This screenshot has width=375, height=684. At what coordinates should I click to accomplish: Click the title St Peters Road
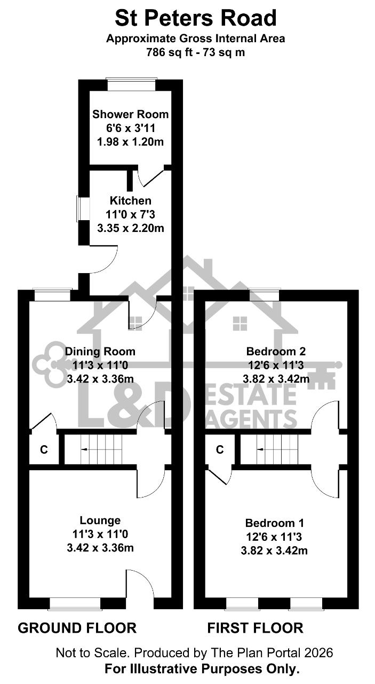(195, 18)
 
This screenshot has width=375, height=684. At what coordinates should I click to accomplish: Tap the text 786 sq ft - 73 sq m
(195, 52)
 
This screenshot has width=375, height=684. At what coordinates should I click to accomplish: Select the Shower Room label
(131, 114)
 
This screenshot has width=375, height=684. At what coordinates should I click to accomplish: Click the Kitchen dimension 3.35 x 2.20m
(131, 228)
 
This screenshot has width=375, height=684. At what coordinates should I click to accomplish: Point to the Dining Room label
(100, 352)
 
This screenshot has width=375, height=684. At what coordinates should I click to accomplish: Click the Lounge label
(100, 520)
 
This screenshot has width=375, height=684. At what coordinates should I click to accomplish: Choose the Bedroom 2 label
(276, 352)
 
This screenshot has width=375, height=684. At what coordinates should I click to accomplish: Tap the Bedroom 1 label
(274, 523)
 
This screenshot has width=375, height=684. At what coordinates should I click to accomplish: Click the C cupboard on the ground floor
(44, 449)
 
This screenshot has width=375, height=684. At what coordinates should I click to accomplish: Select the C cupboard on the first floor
(220, 449)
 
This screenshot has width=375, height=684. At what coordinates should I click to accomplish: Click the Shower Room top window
(132, 84)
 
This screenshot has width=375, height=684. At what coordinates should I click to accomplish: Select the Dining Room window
(52, 294)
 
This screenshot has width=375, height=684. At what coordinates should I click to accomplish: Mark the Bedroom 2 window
(265, 294)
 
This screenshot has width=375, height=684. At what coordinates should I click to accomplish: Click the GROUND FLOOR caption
(77, 628)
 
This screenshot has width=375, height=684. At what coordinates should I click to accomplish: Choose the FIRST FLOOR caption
(256, 628)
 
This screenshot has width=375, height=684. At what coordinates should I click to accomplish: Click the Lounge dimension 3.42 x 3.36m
(100, 548)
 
